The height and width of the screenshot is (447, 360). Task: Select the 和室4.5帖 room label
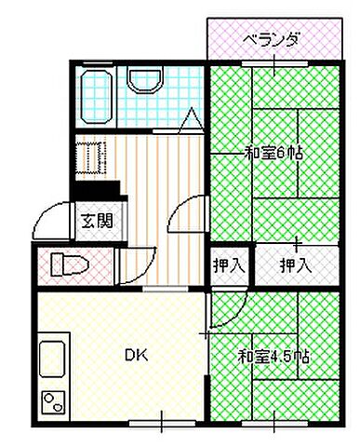click(273, 356)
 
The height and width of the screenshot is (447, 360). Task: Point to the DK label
click(138, 354)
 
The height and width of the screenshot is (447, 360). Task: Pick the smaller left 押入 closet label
click(230, 264)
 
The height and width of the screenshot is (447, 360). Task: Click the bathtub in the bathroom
click(97, 93)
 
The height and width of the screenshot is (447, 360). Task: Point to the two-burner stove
click(53, 401)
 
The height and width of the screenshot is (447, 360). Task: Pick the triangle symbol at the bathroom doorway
click(191, 120)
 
